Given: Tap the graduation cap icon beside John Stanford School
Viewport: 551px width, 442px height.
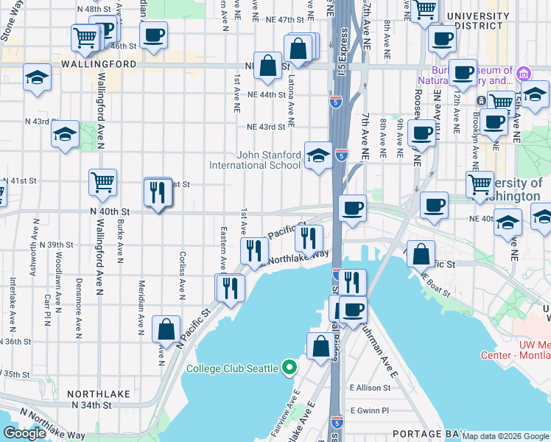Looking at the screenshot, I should coord(318,155).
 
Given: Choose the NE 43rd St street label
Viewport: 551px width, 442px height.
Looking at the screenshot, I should coord(266,127).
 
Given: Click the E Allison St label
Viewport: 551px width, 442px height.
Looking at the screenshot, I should coord(374,387).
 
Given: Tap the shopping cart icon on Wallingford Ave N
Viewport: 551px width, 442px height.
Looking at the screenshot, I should coord(102,182).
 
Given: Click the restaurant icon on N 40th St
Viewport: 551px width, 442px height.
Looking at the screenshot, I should coord(158,192).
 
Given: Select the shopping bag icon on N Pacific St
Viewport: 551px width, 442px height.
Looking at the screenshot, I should coord(166,329).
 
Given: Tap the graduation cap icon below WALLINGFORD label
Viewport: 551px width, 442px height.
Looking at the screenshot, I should coord(37,77).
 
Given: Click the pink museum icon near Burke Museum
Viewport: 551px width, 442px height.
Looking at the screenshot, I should coord(524,74).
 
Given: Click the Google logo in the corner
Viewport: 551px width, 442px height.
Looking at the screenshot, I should coord(24,433).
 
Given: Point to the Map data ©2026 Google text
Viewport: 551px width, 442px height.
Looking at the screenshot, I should coord(505,436).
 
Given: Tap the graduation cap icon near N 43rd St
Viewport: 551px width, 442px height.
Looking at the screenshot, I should coord(65,134).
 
